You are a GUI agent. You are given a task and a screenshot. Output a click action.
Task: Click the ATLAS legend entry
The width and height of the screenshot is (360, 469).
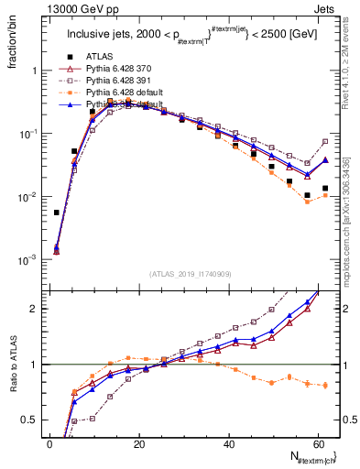(x=101, y=56)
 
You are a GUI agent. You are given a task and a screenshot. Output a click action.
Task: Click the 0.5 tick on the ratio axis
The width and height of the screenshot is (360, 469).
(x=30, y=421)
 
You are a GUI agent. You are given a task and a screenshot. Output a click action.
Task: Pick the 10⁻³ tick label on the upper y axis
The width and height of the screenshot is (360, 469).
(x=27, y=260)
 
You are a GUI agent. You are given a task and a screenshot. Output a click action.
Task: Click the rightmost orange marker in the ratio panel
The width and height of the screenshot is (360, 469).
(x=325, y=386)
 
